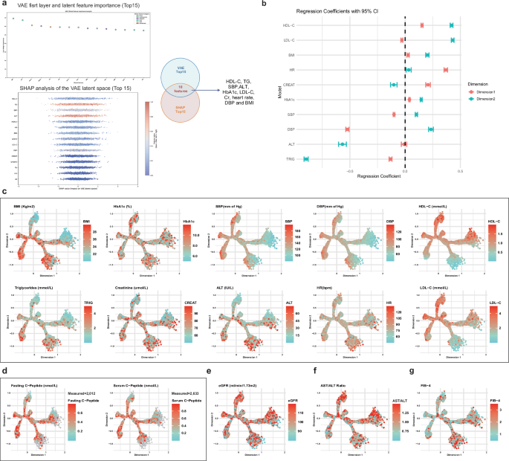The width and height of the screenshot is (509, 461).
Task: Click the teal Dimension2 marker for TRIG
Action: pos(305,158)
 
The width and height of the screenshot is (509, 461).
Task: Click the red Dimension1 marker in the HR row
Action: pos(446,69)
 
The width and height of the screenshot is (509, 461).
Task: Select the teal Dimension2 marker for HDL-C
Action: pos(451,25)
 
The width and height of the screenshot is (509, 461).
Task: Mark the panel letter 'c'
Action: pos(5,192)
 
